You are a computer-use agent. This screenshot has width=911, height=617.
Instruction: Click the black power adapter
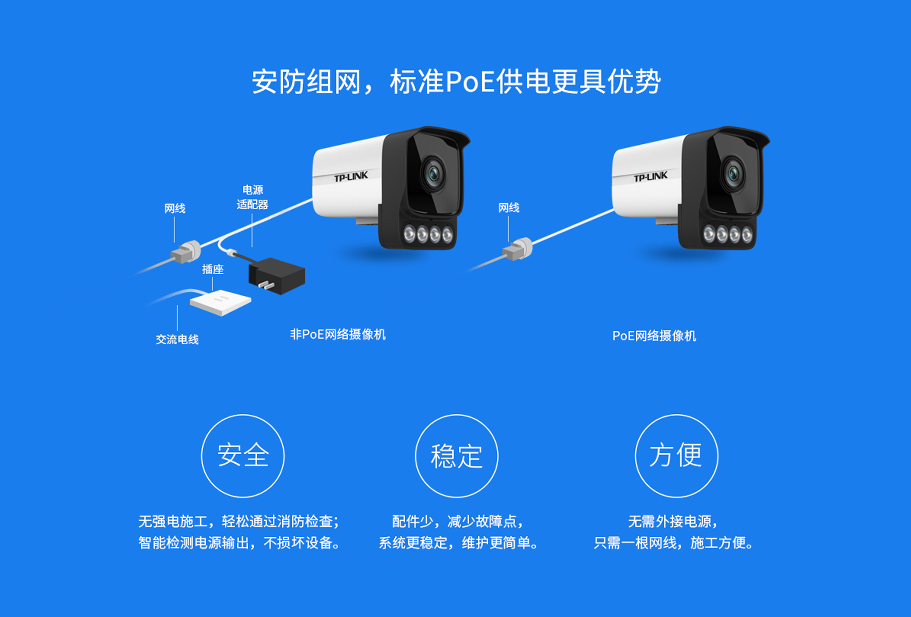coord(277,276)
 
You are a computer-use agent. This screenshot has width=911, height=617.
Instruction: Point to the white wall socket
coord(221,302)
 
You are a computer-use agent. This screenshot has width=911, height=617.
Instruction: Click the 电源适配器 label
coord(252,197)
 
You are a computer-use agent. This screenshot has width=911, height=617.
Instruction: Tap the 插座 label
coord(213,269)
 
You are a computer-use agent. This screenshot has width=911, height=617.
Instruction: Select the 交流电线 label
coord(177,339)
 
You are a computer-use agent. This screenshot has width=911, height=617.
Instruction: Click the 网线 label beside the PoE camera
coord(509,207)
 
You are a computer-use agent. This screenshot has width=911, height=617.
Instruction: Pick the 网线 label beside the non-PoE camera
coord(175,208)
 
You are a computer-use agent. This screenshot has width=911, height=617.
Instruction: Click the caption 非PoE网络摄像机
coord(338,335)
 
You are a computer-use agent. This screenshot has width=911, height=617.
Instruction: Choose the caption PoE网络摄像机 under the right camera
coord(654,336)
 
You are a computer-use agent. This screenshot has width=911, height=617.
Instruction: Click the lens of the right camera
coord(733,173)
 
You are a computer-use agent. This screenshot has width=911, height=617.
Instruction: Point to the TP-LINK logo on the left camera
coord(351,177)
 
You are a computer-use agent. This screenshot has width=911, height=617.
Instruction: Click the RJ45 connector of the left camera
coord(186,252)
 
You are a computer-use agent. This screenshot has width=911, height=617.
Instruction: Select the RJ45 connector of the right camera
coord(518,249)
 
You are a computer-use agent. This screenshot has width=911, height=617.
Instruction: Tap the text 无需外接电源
coord(669,522)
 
